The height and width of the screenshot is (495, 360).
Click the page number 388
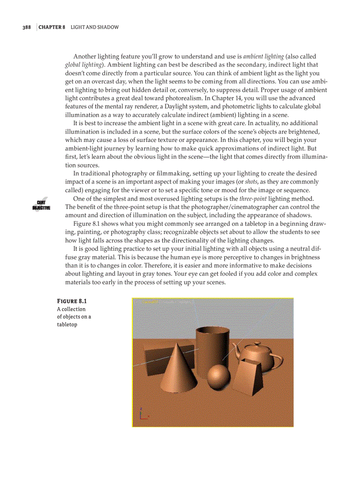coord(26,27)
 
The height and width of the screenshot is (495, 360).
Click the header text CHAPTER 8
coord(52,27)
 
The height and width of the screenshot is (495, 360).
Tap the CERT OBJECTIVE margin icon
coord(41,205)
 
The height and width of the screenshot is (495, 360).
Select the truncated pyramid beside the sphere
coord(250,378)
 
